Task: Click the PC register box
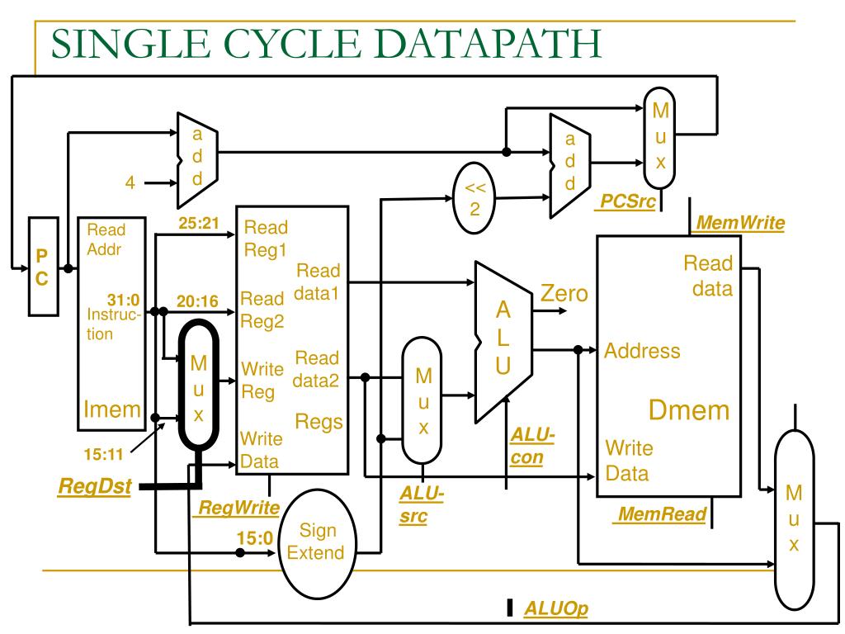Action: [x=42, y=267]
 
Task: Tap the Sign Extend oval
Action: [x=316, y=542]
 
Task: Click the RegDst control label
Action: [x=94, y=486]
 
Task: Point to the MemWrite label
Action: [x=740, y=222]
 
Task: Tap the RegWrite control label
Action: [x=235, y=507]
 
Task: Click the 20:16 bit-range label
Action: [x=198, y=301]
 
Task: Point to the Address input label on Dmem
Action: [x=642, y=351]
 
